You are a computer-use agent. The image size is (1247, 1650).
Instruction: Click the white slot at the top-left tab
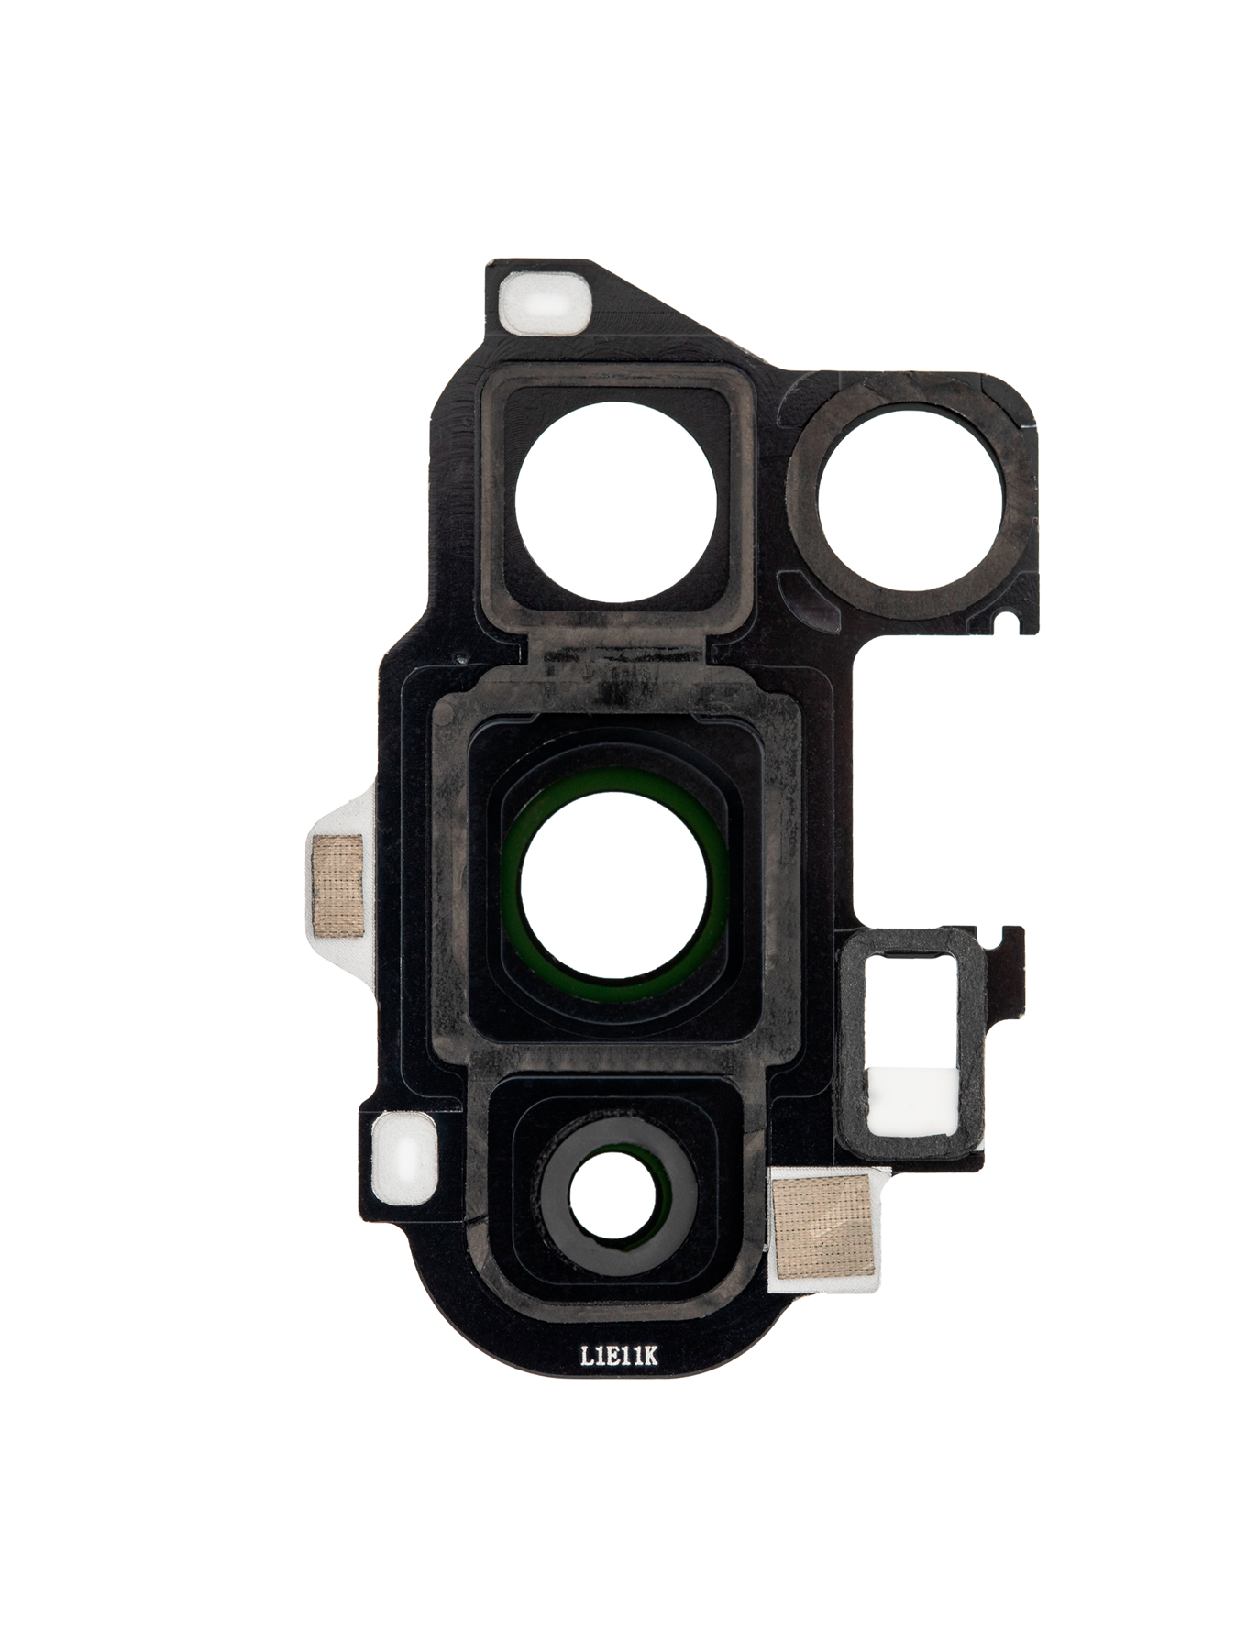coord(543,302)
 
